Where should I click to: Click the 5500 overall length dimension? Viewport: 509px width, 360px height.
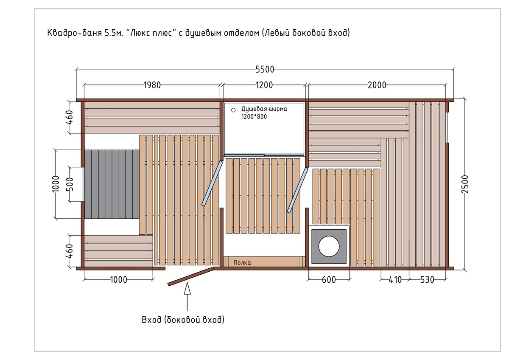coord(265,69)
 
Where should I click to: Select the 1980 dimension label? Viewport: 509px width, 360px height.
coord(152,85)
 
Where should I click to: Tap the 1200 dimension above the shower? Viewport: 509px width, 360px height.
coord(264,85)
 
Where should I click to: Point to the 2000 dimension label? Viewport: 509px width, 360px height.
coord(377,85)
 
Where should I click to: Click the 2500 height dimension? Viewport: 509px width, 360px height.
coord(465,184)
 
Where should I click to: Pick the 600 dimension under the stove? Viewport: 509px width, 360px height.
coord(329,279)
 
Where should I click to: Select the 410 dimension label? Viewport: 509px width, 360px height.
coord(395,279)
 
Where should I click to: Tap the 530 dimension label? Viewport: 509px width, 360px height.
coord(427,279)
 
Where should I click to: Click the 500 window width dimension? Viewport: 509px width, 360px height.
coord(71,184)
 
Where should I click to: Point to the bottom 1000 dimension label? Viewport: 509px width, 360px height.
coord(119,279)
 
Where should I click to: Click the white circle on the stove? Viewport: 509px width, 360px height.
coord(329,247)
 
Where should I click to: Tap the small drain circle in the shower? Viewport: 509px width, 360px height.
coord(233,110)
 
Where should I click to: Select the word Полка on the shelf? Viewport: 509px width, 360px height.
coord(242,263)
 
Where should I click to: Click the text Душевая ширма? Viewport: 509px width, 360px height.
coord(264,109)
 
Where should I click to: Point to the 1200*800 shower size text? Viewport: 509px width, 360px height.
coord(254,117)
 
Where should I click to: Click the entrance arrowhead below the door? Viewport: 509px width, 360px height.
coord(187,288)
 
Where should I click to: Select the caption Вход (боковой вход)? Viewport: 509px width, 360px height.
coord(183,320)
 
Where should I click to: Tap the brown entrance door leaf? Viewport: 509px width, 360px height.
coord(190,276)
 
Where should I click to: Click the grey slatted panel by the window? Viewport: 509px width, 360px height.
coord(112,184)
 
